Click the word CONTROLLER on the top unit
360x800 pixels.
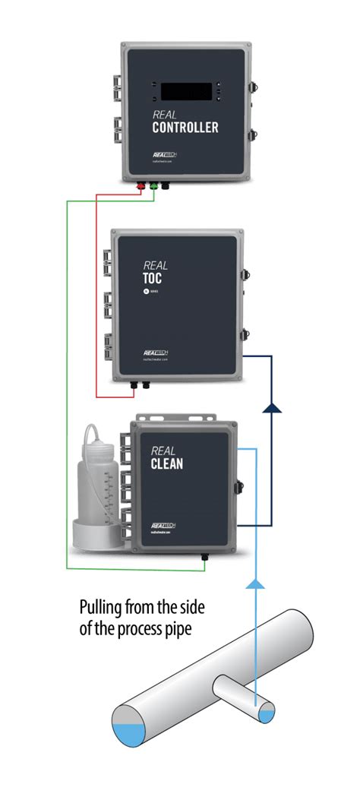tap(185, 128)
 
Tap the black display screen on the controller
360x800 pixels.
tap(187, 90)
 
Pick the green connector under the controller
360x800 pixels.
tap(153, 184)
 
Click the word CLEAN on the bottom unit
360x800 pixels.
tap(167, 462)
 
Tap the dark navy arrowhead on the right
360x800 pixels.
tap(271, 408)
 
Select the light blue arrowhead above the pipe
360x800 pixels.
tap(256, 583)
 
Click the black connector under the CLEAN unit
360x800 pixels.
tap(204, 557)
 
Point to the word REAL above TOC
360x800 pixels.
tap(156, 265)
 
